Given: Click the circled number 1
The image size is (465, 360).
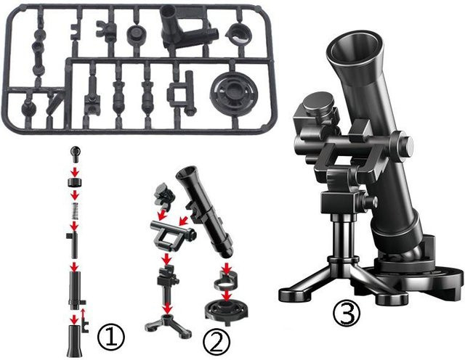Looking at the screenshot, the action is coord(111,337).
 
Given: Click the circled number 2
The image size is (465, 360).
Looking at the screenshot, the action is coord(217,343).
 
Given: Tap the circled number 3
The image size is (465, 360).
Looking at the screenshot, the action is coord(347,314).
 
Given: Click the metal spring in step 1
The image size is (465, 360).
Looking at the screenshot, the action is coord(75,211).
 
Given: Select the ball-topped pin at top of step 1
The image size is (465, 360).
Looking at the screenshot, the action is coord(75,153).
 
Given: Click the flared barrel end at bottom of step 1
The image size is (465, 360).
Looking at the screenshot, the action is coord(74,340).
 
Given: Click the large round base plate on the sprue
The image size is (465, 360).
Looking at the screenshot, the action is coord(233,92).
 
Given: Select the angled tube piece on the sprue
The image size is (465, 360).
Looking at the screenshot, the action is coord(185,28).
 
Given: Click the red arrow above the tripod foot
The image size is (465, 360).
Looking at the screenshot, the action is coord(168,308).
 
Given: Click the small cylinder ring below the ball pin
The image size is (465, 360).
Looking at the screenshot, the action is coord(75,182).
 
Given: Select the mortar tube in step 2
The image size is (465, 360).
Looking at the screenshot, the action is coord(205,211).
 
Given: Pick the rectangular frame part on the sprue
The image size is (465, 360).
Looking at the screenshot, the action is coord(181,93).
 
